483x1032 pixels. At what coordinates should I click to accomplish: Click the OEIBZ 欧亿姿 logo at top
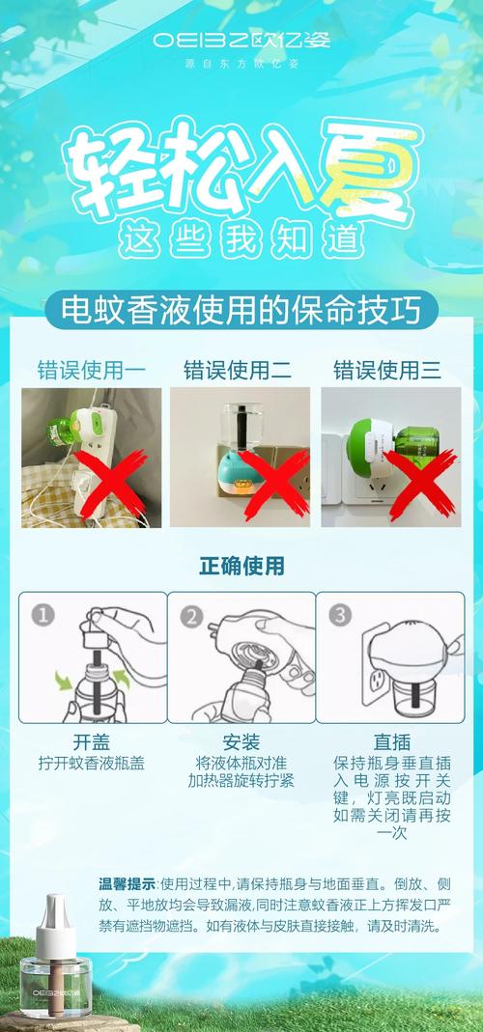(x=241, y=40)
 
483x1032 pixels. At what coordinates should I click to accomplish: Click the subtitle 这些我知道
(x=241, y=240)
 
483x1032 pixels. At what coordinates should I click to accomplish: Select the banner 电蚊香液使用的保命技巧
(x=241, y=310)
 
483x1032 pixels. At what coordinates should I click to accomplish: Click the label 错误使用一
(x=91, y=370)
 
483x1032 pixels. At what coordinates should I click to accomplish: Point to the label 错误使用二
(x=238, y=370)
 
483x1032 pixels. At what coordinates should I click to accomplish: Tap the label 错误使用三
(x=387, y=370)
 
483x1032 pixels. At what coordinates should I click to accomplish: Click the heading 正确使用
(x=241, y=566)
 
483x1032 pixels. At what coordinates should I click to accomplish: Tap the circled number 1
(x=43, y=616)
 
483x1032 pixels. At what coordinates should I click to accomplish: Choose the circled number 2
(x=191, y=616)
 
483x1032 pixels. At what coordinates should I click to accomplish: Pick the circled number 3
(x=341, y=616)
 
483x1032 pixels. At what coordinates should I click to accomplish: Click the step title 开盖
(x=91, y=743)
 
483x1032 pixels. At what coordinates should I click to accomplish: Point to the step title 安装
(x=241, y=743)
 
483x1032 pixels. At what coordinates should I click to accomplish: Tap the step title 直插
(x=392, y=743)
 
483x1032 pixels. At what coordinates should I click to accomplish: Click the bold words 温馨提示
(x=128, y=883)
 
